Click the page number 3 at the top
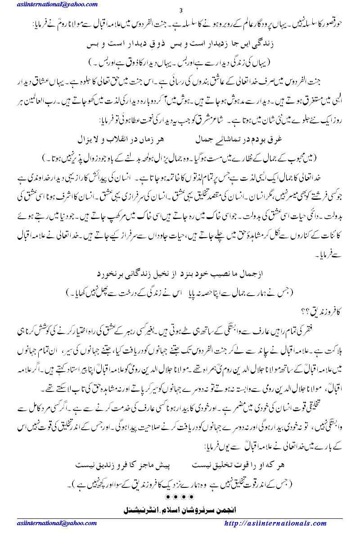180,11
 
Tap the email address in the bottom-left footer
51,523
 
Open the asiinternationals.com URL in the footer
275,523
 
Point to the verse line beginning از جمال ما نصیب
180,274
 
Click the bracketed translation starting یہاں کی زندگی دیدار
180,59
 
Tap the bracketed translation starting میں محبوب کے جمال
180,158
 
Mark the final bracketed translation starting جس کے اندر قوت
180,484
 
